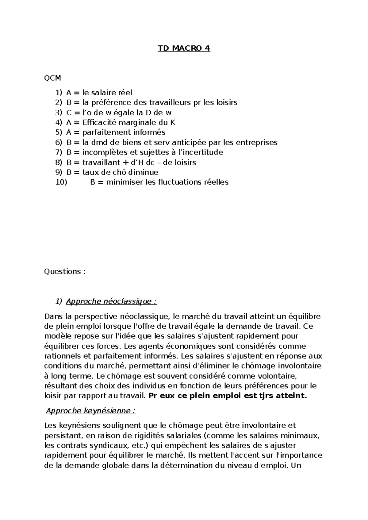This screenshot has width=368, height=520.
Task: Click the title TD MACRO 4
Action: [x=184, y=48]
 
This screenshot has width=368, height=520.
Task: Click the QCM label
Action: [x=52, y=78]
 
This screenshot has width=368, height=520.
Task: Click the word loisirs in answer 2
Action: [x=226, y=102]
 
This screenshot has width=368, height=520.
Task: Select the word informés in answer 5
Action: [x=152, y=132]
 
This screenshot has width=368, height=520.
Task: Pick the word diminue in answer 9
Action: [x=144, y=172]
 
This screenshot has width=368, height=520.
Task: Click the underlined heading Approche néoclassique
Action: [x=111, y=301]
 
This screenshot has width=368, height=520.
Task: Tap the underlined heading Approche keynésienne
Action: [x=91, y=411]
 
